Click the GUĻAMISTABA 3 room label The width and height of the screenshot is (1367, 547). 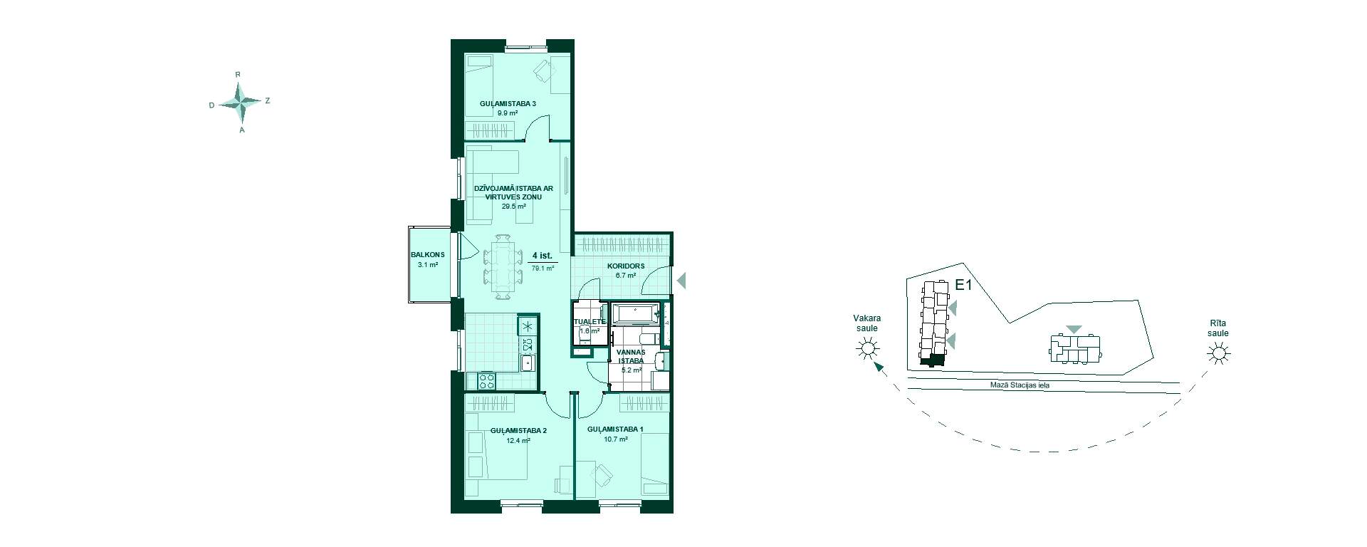pyautogui.click(x=508, y=103)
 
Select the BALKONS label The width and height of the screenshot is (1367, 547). pyautogui.click(x=428, y=255)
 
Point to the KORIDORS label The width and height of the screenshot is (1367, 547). pyautogui.click(x=626, y=266)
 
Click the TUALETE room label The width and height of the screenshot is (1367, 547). pyautogui.click(x=590, y=322)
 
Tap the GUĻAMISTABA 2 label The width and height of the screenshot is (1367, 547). pyautogui.click(x=518, y=431)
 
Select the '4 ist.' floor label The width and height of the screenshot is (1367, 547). pyautogui.click(x=543, y=255)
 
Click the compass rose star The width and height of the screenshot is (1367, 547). pyautogui.click(x=242, y=103)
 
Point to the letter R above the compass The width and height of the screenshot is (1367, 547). pyautogui.click(x=239, y=74)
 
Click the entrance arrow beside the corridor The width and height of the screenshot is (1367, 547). pyautogui.click(x=681, y=281)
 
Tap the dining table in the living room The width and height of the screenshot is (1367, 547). pyautogui.click(x=504, y=264)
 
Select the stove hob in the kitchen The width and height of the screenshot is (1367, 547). pyautogui.click(x=487, y=381)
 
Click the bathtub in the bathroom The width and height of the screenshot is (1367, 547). pyautogui.click(x=637, y=313)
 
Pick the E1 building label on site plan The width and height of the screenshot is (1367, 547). pyautogui.click(x=964, y=286)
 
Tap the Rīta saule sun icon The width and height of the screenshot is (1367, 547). pyautogui.click(x=1219, y=353)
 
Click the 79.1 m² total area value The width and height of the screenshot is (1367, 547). pyautogui.click(x=543, y=269)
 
